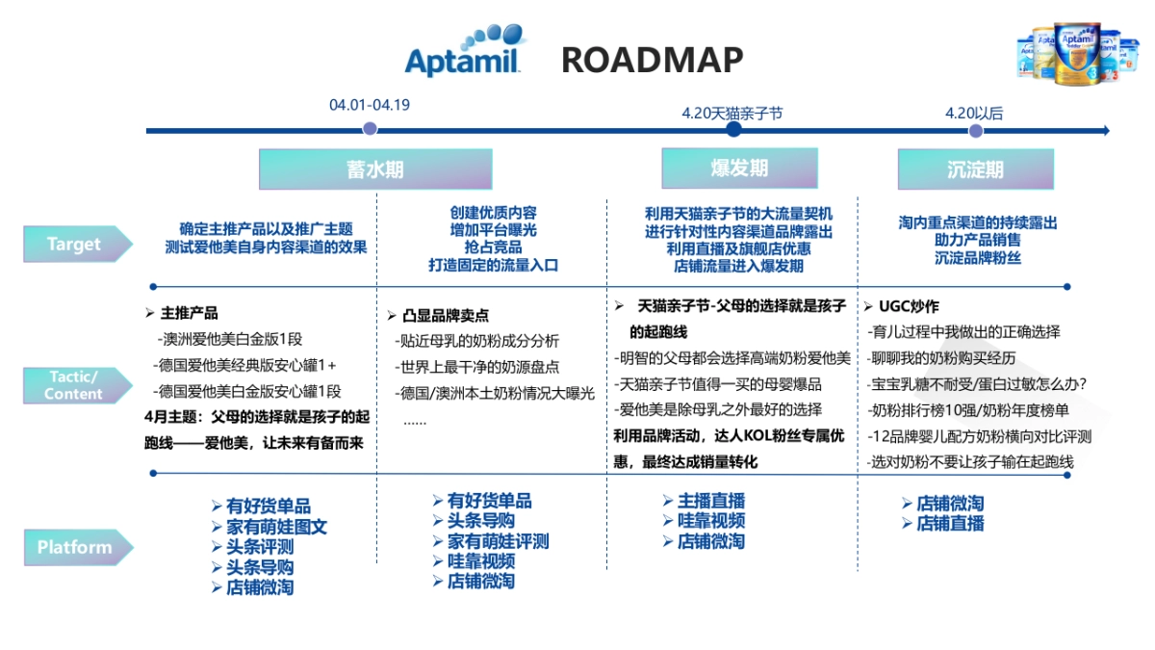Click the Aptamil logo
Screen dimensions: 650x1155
pyautogui.click(x=465, y=52)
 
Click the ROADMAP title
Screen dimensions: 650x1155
pyautogui.click(x=652, y=60)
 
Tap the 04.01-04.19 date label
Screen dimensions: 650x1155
pyautogui.click(x=370, y=105)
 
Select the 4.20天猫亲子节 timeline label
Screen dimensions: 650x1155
pyautogui.click(x=732, y=113)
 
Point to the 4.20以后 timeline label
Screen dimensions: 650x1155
pyautogui.click(x=974, y=113)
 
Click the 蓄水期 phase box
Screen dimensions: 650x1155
pyautogui.click(x=375, y=169)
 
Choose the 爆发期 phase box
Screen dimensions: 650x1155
pyautogui.click(x=739, y=168)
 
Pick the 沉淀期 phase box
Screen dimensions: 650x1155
pyautogui.click(x=975, y=169)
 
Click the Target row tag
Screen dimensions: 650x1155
pyautogui.click(x=76, y=245)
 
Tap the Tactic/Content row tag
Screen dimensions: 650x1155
pyautogui.click(x=76, y=385)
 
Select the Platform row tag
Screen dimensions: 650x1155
pyautogui.click(x=76, y=548)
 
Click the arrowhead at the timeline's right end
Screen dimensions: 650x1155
pyautogui.click(x=1105, y=130)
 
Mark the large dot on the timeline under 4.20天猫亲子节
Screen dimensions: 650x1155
pyautogui.click(x=733, y=130)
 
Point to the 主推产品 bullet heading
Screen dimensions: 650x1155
pyautogui.click(x=189, y=313)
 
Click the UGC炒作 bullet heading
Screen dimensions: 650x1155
pyautogui.click(x=908, y=306)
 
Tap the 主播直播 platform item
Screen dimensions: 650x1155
pyautogui.click(x=710, y=501)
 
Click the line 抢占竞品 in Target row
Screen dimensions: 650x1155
pyautogui.click(x=493, y=247)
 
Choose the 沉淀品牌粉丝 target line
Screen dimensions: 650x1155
pyautogui.click(x=977, y=257)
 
